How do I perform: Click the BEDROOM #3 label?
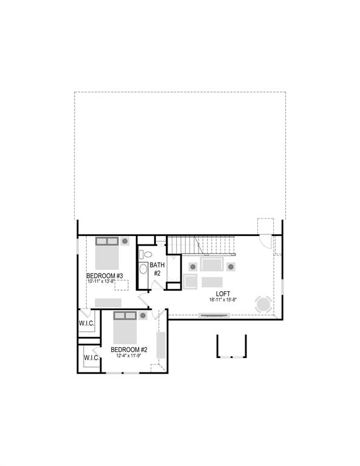[x=105, y=276]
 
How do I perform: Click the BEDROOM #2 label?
[x=129, y=349]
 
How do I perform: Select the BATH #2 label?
[x=157, y=269]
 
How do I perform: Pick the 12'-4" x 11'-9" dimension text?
[x=129, y=356]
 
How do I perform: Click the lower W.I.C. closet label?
[x=92, y=358]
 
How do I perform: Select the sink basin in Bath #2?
[x=144, y=269]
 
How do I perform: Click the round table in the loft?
[x=263, y=303]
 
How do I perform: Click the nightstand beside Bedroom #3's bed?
[x=124, y=241]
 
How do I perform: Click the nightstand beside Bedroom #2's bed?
[x=143, y=316]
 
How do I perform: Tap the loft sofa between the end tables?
[x=212, y=266]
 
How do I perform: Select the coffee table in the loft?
[x=212, y=282]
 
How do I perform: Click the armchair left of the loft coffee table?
[x=190, y=282]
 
